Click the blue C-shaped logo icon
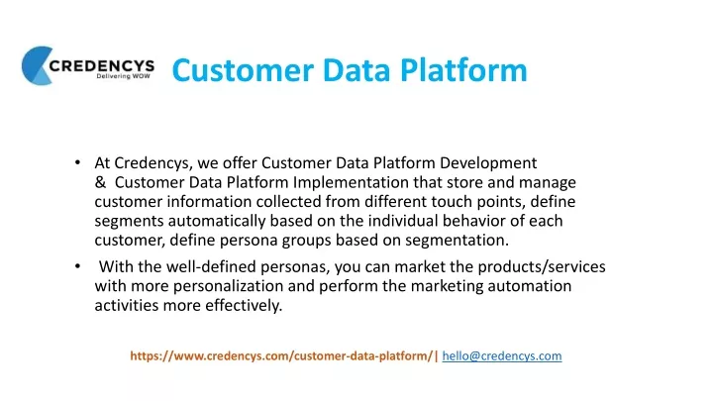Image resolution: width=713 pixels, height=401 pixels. pyautogui.click(x=37, y=65)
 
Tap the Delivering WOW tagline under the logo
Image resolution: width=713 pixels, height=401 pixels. pyautogui.click(x=123, y=76)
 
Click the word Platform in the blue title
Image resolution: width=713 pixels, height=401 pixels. pyautogui.click(x=463, y=70)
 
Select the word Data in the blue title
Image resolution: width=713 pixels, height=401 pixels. pyautogui.click(x=356, y=70)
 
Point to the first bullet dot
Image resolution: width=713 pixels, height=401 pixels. pyautogui.click(x=78, y=162)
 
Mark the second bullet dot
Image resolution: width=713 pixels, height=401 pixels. pyautogui.click(x=78, y=266)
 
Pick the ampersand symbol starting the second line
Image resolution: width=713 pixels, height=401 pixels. pyautogui.click(x=100, y=182)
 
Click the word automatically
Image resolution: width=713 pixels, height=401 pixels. pyautogui.click(x=217, y=222)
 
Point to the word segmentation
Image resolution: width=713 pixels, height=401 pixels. pyautogui.click(x=457, y=241)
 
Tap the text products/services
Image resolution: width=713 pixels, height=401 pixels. pyautogui.click(x=542, y=267)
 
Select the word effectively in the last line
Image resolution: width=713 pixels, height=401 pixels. pyautogui.click(x=244, y=306)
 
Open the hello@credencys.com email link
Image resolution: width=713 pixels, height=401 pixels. pyautogui.click(x=502, y=356)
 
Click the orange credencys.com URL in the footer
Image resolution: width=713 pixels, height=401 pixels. pyautogui.click(x=281, y=356)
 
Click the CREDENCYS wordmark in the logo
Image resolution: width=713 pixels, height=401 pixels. pyautogui.click(x=101, y=66)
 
